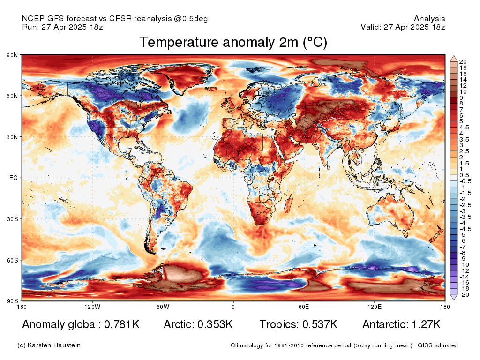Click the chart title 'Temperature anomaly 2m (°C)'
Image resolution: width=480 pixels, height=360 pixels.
point(233,43)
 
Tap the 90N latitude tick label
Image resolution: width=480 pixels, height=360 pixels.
point(12,55)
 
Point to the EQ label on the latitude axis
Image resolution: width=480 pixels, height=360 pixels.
point(13,178)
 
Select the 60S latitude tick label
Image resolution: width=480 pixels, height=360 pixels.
point(12,260)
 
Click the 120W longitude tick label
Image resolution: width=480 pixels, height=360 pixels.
point(92,307)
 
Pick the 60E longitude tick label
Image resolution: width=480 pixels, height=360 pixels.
point(304,307)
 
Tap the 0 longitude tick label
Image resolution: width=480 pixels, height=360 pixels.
point(233,307)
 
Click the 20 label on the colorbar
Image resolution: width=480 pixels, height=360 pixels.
point(463,62)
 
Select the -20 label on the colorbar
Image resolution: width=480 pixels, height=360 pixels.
point(465,295)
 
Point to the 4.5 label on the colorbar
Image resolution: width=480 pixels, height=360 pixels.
point(464,127)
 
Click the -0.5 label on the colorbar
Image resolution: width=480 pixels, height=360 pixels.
point(465,181)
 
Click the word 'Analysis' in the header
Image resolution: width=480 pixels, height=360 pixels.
point(429,19)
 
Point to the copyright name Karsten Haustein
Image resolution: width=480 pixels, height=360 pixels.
point(54,345)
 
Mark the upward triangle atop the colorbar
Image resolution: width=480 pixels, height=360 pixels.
point(454,59)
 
